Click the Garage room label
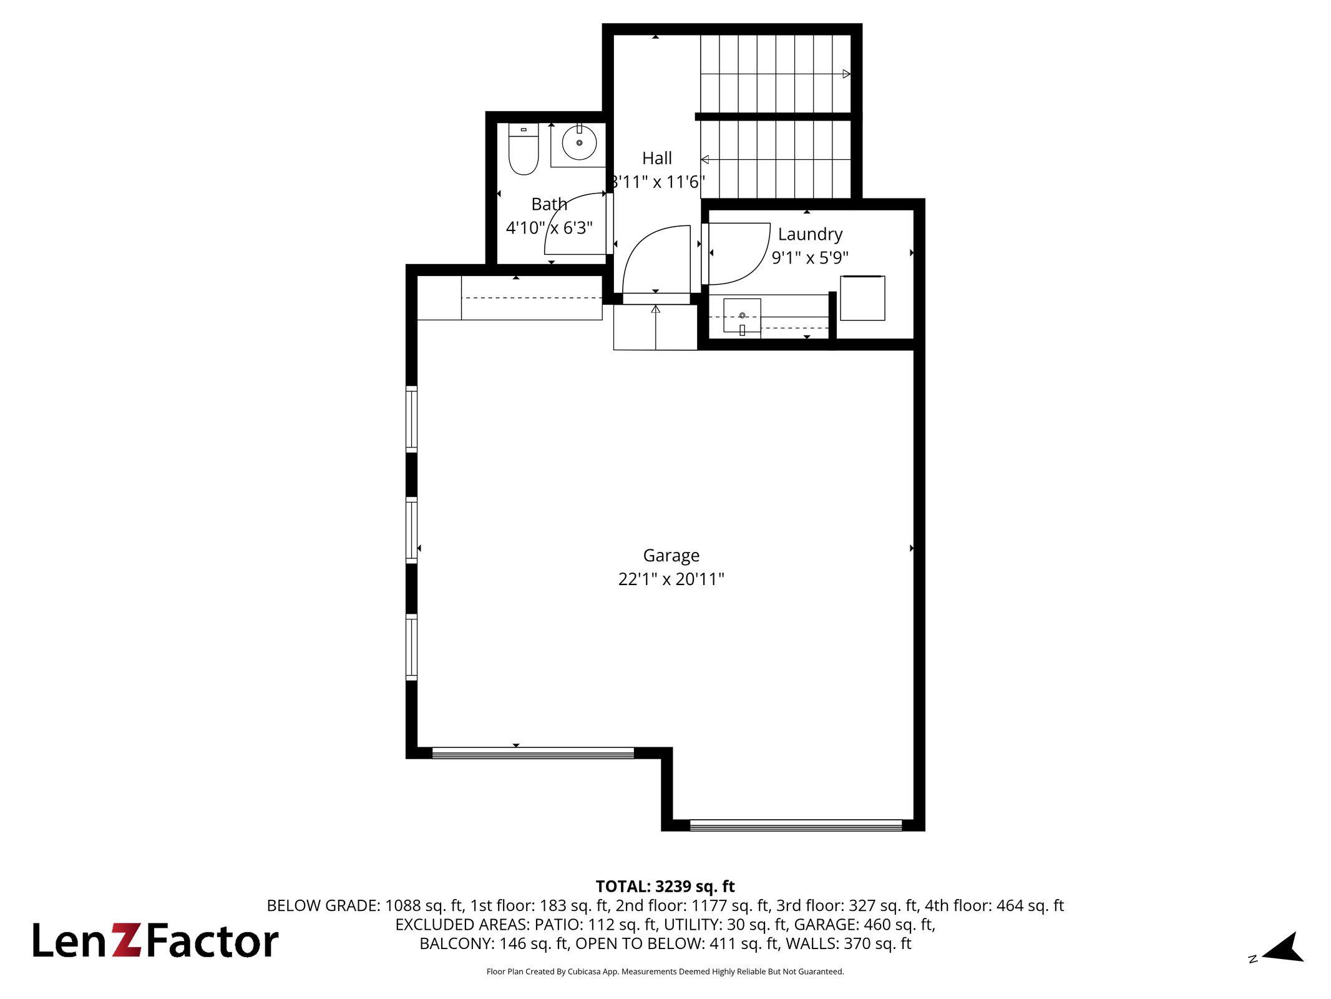[671, 555]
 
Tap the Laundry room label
[810, 234]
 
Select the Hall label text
[657, 158]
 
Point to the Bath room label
[549, 204]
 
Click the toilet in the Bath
[524, 149]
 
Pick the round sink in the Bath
[579, 142]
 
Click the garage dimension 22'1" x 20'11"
[671, 579]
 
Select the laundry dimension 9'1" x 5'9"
[810, 258]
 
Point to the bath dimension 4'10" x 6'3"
[549, 228]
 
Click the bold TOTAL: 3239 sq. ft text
[665, 887]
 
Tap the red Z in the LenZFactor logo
[128, 942]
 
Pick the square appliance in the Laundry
[862, 298]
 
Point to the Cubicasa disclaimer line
[665, 972]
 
